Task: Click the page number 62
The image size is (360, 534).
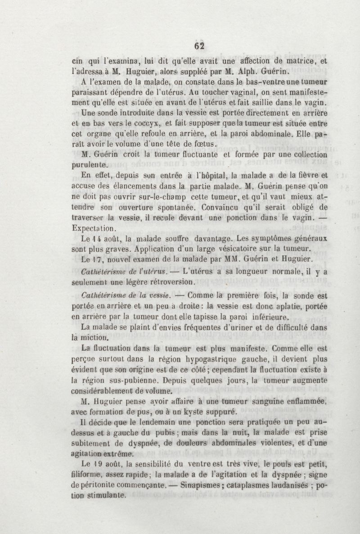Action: coord(199,46)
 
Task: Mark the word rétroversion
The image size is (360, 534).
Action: coord(171,282)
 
